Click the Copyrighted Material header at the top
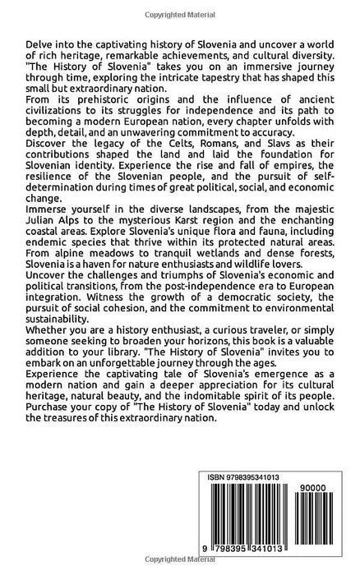[180, 7]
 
